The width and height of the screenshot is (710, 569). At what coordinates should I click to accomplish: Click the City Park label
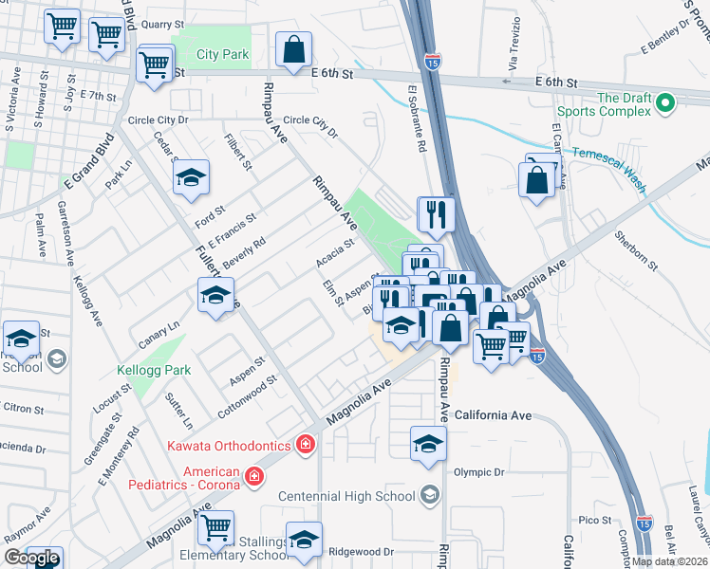(222, 55)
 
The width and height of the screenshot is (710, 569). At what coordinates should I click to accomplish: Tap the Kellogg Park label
(155, 370)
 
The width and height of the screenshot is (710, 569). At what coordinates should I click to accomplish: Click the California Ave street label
(493, 415)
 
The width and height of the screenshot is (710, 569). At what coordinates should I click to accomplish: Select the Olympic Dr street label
(477, 472)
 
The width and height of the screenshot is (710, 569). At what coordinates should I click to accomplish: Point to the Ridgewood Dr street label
(360, 551)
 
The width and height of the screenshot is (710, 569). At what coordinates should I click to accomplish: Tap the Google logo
(31, 558)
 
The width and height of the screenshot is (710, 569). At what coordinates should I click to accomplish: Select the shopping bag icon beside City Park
(294, 48)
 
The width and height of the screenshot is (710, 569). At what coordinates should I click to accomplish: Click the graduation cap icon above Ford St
(191, 176)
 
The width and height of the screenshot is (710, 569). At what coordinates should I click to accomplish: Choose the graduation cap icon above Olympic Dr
(428, 443)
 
